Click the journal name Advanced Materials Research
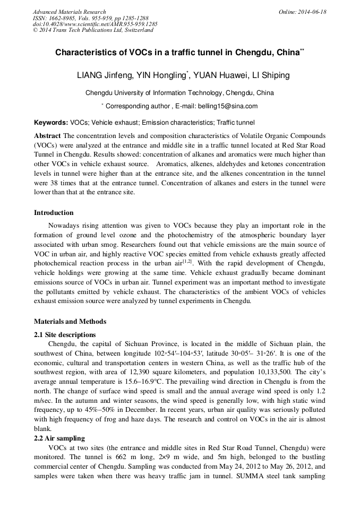[x=69, y=12]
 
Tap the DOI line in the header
[x=95, y=24]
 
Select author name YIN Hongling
[x=163, y=75]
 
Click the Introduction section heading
[x=54, y=213]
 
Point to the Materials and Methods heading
[x=70, y=321]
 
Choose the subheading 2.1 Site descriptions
[x=65, y=335]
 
